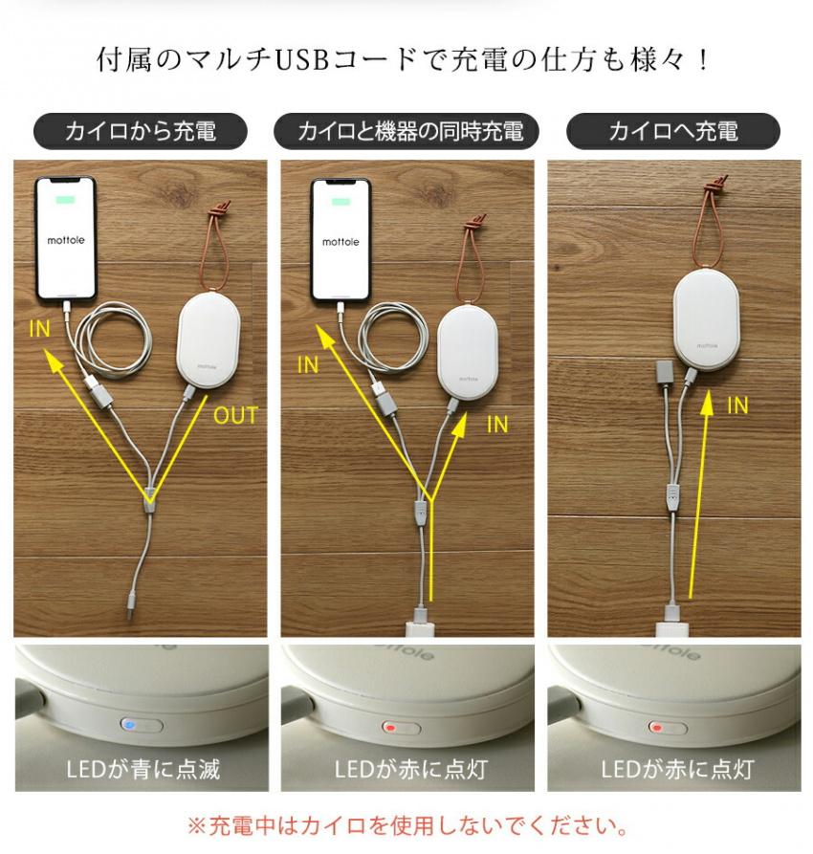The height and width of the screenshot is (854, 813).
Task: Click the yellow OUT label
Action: click(x=235, y=416)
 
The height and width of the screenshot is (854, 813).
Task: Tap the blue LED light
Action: click(x=130, y=725)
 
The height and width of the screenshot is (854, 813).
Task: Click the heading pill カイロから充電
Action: click(x=141, y=131)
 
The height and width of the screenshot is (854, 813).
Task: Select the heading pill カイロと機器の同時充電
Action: click(x=406, y=131)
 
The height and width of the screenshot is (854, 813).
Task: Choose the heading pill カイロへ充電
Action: click(x=673, y=131)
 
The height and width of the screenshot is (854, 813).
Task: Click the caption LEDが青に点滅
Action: click(x=143, y=769)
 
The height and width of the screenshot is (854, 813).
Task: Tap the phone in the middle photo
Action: click(x=341, y=240)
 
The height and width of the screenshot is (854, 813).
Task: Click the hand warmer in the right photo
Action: click(x=707, y=320)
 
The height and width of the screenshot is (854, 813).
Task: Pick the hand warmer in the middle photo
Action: click(x=469, y=351)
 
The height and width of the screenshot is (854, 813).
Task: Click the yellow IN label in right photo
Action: click(x=737, y=405)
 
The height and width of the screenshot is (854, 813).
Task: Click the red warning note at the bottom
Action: click(x=407, y=826)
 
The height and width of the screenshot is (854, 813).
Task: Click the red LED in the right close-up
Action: click(x=657, y=728)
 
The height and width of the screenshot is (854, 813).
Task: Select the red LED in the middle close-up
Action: click(x=390, y=728)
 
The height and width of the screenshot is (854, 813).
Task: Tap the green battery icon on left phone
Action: click(x=65, y=199)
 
